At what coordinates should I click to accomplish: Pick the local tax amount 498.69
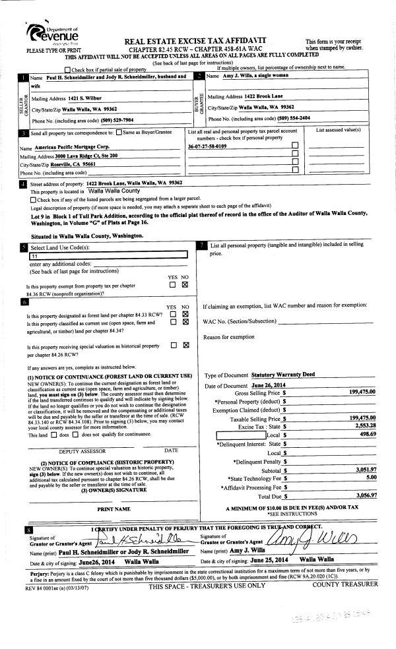366,435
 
